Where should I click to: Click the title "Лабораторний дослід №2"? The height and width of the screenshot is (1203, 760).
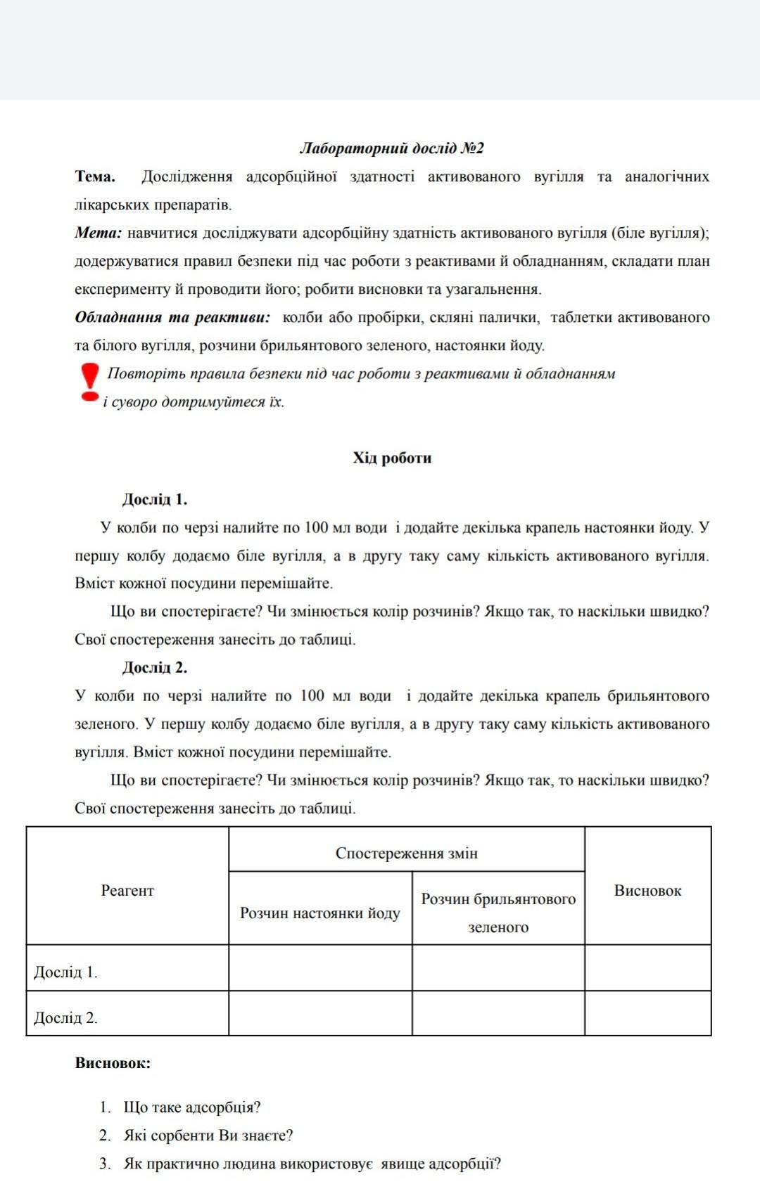pos(392,148)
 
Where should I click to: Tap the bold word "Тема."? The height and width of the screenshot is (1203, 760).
pos(95,176)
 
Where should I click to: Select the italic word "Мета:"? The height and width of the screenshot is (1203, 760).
pos(99,233)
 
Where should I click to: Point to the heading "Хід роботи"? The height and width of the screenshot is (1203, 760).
pos(392,458)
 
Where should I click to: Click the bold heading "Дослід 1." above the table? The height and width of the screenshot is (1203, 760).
pos(155,499)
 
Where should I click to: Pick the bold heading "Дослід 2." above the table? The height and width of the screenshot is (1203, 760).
pos(155,667)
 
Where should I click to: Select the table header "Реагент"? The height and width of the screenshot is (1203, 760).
pos(127,890)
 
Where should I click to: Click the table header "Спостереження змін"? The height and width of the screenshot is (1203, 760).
pos(406,853)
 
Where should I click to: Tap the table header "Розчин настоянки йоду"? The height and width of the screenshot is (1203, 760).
pos(320,913)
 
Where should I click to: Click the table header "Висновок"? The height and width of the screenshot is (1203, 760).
pos(647,890)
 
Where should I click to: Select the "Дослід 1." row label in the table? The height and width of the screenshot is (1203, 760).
pos(66,972)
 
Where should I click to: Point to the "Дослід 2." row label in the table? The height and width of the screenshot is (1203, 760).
pos(66,1017)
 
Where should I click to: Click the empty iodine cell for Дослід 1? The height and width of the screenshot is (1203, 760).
pos(320,968)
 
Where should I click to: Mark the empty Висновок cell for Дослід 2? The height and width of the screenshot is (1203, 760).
pos(647,1013)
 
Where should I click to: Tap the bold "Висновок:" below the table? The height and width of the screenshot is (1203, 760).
pos(113,1062)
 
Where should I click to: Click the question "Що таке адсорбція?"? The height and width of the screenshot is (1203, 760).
pos(191,1107)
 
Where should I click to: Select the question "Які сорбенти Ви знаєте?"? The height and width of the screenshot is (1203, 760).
pos(208,1136)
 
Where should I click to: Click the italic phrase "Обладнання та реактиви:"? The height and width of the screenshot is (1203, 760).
pos(172,317)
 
